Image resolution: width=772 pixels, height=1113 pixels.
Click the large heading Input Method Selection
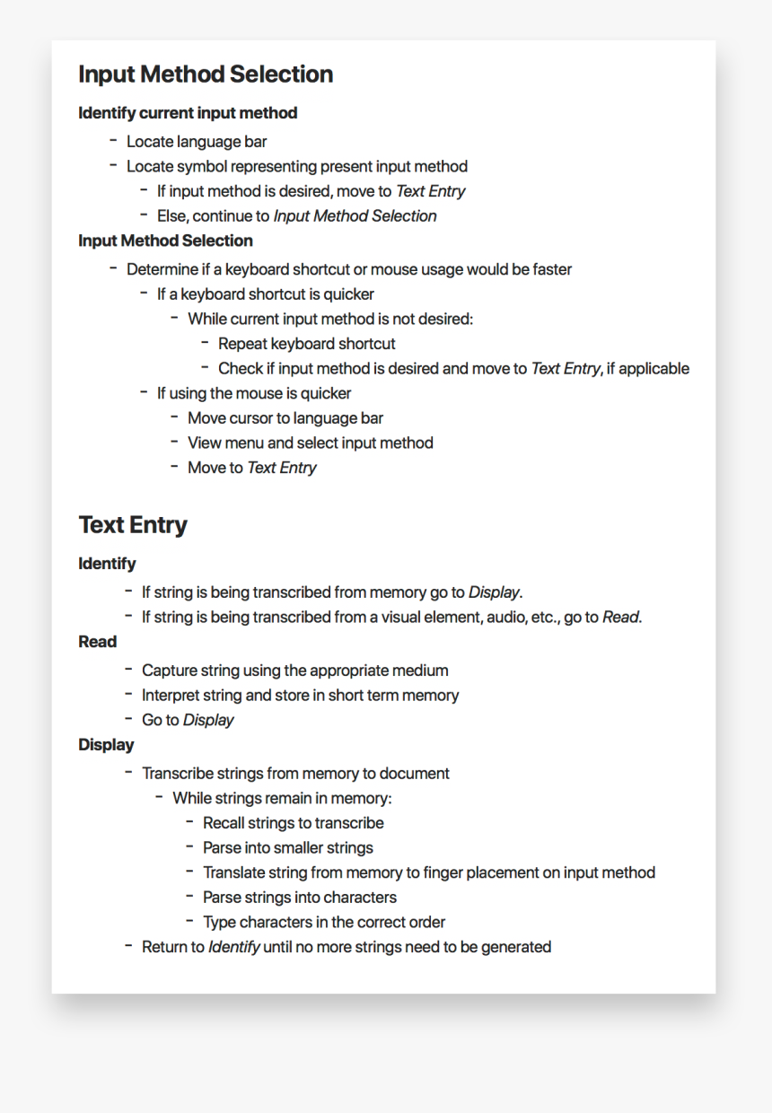206,74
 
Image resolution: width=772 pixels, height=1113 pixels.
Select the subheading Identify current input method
188,113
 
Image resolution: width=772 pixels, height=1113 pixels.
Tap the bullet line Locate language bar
197,142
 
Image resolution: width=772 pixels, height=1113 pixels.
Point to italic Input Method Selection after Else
355,216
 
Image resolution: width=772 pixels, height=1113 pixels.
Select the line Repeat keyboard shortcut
306,344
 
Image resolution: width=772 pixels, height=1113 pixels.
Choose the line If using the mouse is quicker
254,393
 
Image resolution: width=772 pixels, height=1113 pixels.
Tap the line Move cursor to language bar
285,418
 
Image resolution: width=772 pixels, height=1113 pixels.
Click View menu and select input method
310,443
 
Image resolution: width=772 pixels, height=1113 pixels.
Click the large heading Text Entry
133,525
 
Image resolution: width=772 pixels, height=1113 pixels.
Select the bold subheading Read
97,642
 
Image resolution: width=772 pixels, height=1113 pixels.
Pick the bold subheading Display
106,745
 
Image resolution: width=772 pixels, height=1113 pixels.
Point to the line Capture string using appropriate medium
294,670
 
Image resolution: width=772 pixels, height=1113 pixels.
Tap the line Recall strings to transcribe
293,823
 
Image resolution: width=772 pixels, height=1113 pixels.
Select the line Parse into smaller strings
287,848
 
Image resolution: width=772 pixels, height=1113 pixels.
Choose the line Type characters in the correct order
323,922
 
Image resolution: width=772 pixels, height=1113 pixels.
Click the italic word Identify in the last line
234,947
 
